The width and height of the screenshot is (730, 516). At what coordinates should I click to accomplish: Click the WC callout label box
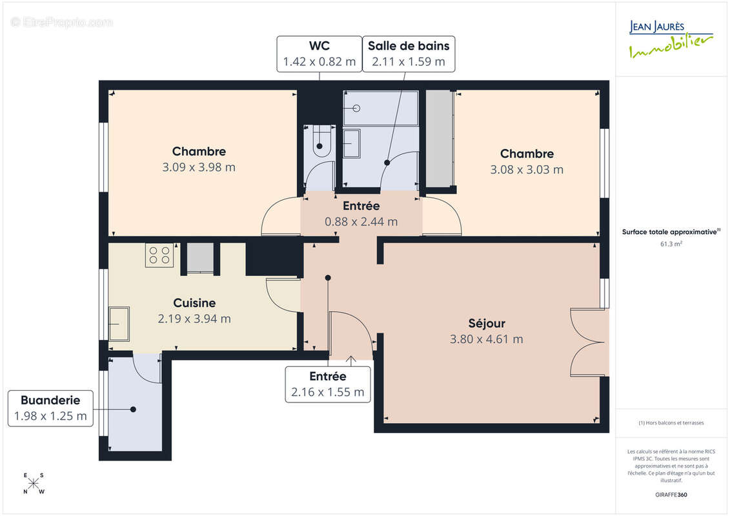pos(319,54)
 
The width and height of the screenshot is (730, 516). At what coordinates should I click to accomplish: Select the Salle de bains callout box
pos(408,54)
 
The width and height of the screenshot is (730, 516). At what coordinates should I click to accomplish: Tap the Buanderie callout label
pos(50,408)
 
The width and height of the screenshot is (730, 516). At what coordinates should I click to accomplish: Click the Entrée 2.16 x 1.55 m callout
pos(328,384)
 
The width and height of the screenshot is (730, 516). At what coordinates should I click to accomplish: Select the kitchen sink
pos(119,324)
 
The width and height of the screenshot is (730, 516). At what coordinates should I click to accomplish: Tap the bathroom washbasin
pos(352,143)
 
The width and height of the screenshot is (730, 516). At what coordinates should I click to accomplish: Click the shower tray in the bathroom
pos(380,108)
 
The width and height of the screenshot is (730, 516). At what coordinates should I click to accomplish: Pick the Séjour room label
pos(487,323)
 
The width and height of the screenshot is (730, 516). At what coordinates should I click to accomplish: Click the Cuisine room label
pos(194,303)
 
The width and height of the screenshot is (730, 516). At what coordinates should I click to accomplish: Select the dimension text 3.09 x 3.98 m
pos(199,168)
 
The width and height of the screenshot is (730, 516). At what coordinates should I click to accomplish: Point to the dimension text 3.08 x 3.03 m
pos(527,170)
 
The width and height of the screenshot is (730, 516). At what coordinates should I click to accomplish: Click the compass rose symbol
pos(34,484)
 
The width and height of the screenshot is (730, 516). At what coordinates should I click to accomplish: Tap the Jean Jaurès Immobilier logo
pos(671,39)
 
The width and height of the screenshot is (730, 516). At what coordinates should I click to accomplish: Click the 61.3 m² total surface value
pos(671,244)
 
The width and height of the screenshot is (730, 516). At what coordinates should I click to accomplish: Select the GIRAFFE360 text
pos(671,495)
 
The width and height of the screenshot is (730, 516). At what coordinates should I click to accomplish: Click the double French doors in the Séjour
pos(588,342)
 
